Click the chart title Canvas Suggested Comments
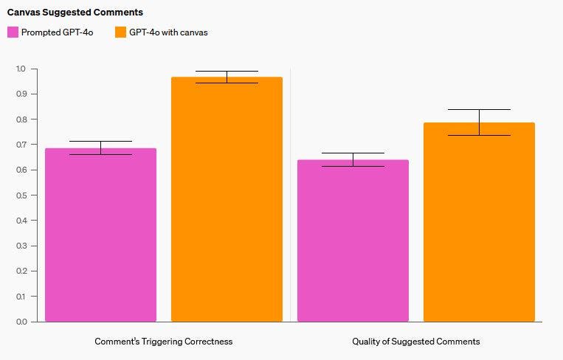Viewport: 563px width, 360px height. (75, 13)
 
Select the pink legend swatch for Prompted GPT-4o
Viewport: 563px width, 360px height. (13, 32)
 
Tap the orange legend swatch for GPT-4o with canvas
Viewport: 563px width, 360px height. (120, 32)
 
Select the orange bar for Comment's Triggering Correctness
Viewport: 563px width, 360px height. (227, 199)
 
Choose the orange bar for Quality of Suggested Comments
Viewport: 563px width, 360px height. (479, 221)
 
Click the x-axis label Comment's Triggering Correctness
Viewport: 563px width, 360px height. (163, 342)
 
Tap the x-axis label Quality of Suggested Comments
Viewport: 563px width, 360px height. (416, 342)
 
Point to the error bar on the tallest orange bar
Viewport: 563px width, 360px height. (227, 77)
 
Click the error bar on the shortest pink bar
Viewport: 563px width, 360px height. (353, 159)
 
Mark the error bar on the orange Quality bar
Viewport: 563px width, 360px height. (479, 122)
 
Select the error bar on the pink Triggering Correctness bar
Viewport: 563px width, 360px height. (100, 148)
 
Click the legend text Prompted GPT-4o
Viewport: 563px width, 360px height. (58, 32)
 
